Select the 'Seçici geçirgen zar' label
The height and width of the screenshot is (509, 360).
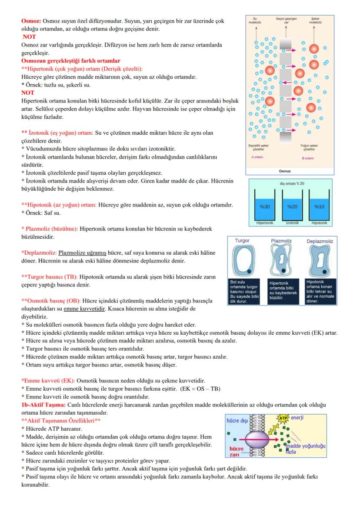(x=285, y=20)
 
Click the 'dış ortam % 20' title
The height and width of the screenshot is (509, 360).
(x=292, y=183)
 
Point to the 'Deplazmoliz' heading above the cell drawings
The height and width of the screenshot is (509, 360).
(x=320, y=240)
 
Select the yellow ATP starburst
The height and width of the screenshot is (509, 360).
(x=283, y=419)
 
